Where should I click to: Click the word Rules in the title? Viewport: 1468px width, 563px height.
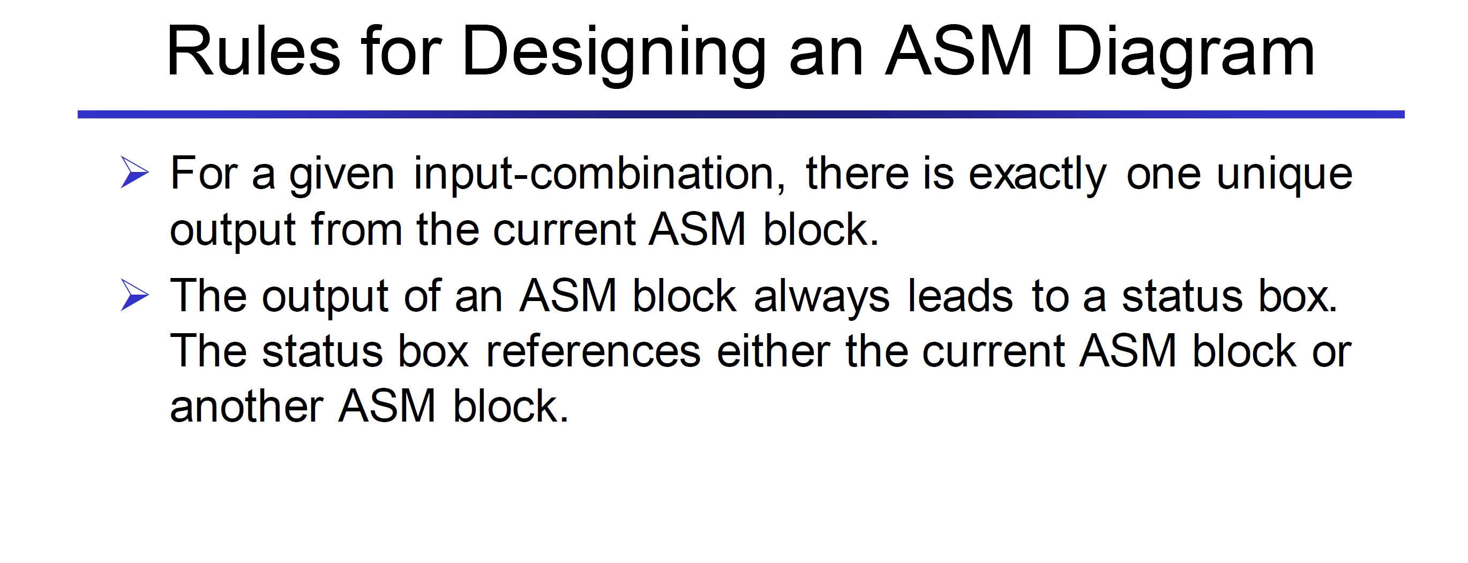coord(253,51)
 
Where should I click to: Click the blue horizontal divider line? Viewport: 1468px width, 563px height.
coord(741,115)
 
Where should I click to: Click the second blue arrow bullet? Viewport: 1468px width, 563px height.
coord(135,296)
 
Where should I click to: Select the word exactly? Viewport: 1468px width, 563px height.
coord(1037,175)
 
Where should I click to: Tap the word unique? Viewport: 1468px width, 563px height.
coord(1285,175)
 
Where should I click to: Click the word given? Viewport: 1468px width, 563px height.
coord(341,175)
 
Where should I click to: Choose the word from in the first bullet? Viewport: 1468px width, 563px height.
coord(357,229)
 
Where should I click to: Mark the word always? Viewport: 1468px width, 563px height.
coord(821,298)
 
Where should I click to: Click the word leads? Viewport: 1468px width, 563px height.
coord(960,295)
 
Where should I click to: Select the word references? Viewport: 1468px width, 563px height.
coord(593,350)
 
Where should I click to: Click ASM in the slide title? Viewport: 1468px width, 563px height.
coord(958,51)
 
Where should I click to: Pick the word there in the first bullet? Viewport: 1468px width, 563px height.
coord(857,173)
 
